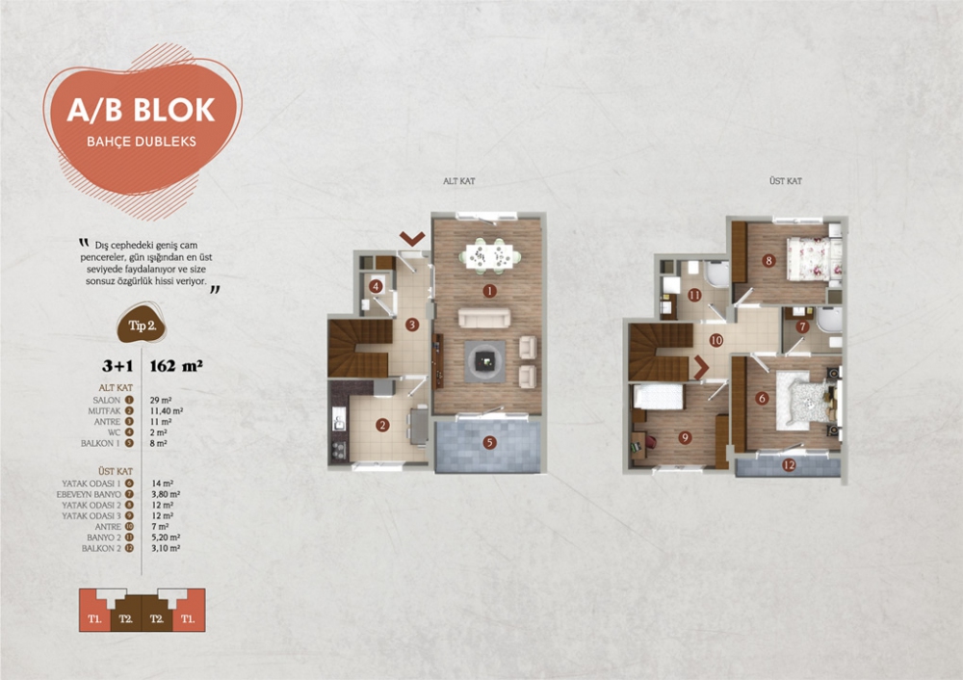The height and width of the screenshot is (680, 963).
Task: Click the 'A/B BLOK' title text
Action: pos(141,109)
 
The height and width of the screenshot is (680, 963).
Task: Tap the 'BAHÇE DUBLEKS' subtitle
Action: pos(141,141)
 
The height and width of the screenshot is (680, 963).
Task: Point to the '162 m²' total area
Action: pos(176,366)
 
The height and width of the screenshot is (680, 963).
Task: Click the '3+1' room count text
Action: pos(117,366)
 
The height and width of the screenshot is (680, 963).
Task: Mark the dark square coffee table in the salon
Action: pos(485,359)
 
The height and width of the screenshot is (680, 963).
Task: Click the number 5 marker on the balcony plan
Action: pos(489,443)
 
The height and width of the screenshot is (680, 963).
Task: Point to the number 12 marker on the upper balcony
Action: pos(789,466)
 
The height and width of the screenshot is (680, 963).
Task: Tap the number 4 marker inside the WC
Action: pos(377,286)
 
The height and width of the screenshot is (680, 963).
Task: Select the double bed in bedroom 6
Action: pos(803,400)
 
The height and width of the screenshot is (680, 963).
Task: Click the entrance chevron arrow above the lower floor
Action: pos(413,237)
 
